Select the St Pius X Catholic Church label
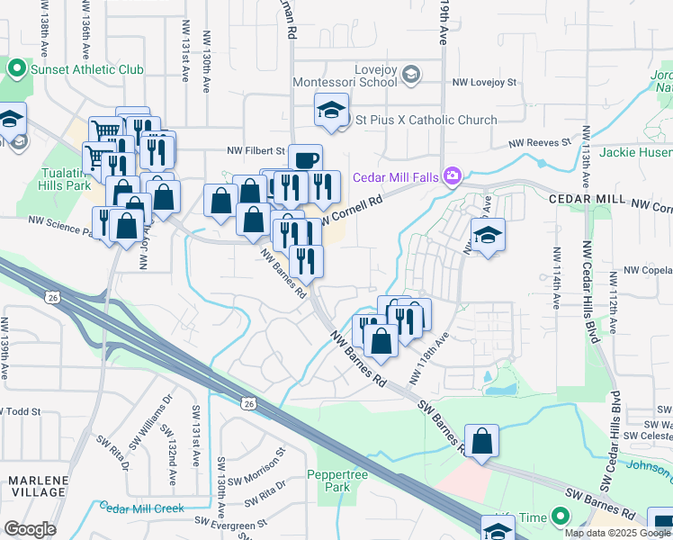[426, 120]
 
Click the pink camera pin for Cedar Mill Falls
[453, 175]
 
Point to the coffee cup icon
[306, 159]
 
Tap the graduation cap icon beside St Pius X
[330, 111]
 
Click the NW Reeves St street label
[540, 142]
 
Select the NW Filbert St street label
[256, 150]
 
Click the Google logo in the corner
[30, 529]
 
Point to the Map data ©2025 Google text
[616, 533]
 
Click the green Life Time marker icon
[561, 517]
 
